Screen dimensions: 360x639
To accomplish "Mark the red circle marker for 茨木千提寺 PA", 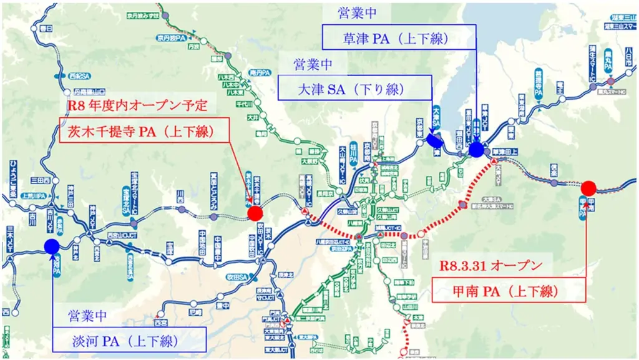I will point(255,213).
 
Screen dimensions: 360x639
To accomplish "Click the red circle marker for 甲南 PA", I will point(588,188).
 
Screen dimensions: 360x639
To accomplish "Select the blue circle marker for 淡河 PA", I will point(52,247).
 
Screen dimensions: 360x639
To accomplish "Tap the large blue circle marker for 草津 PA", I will point(476,149).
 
